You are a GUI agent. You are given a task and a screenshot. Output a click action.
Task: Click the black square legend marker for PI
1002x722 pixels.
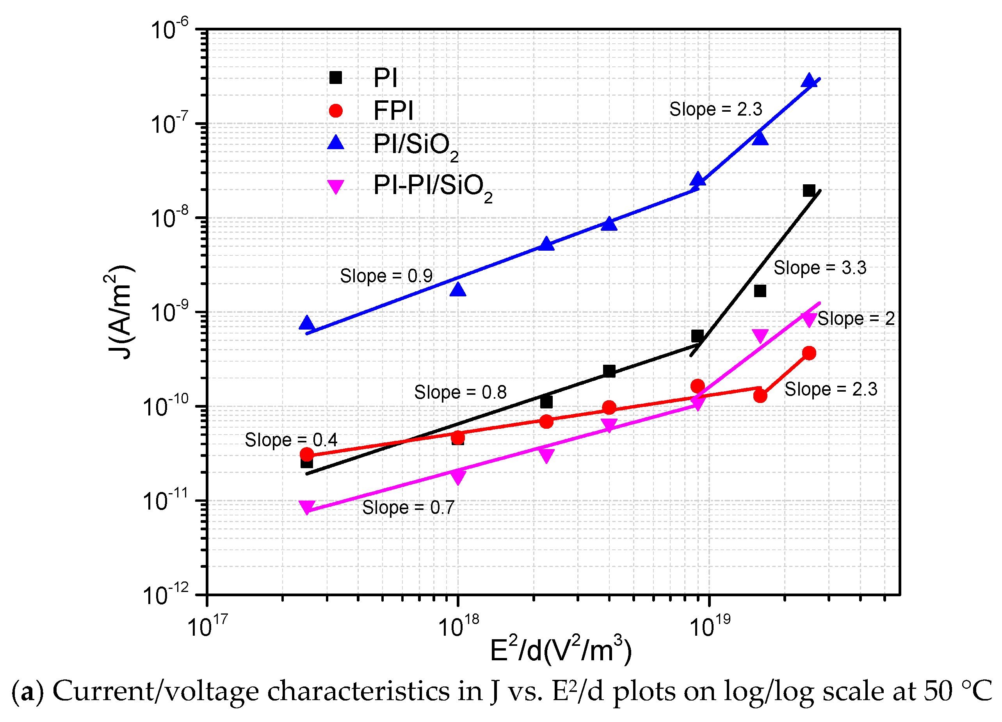336,78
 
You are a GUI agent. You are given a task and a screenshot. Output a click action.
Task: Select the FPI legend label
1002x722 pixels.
393,111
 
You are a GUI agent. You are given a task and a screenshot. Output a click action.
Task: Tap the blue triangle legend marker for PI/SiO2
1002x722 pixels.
336,143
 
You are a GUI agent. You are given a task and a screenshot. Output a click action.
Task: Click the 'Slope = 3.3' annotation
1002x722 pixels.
820,268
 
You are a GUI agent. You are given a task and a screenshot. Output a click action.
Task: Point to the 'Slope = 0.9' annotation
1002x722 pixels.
386,276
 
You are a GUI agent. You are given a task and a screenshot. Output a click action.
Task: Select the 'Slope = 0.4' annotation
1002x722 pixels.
291,440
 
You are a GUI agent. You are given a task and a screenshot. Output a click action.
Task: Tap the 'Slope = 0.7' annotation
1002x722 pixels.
408,508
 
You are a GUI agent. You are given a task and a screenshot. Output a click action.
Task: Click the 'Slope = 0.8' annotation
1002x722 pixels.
460,392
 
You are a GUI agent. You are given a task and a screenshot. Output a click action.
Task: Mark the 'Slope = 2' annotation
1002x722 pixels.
856,319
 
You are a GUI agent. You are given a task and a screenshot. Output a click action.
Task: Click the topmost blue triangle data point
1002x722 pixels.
809,81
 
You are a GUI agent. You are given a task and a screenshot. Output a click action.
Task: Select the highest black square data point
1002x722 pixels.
809,191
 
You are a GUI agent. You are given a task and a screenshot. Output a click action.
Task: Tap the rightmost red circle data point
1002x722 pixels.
809,353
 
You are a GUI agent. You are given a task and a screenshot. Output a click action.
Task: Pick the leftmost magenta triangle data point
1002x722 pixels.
306,507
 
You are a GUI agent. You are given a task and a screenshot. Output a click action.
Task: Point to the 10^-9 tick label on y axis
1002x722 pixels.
169,312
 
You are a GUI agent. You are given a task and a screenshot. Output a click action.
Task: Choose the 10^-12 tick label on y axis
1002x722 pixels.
165,595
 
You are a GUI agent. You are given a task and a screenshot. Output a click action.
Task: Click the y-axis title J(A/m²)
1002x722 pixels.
119,312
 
